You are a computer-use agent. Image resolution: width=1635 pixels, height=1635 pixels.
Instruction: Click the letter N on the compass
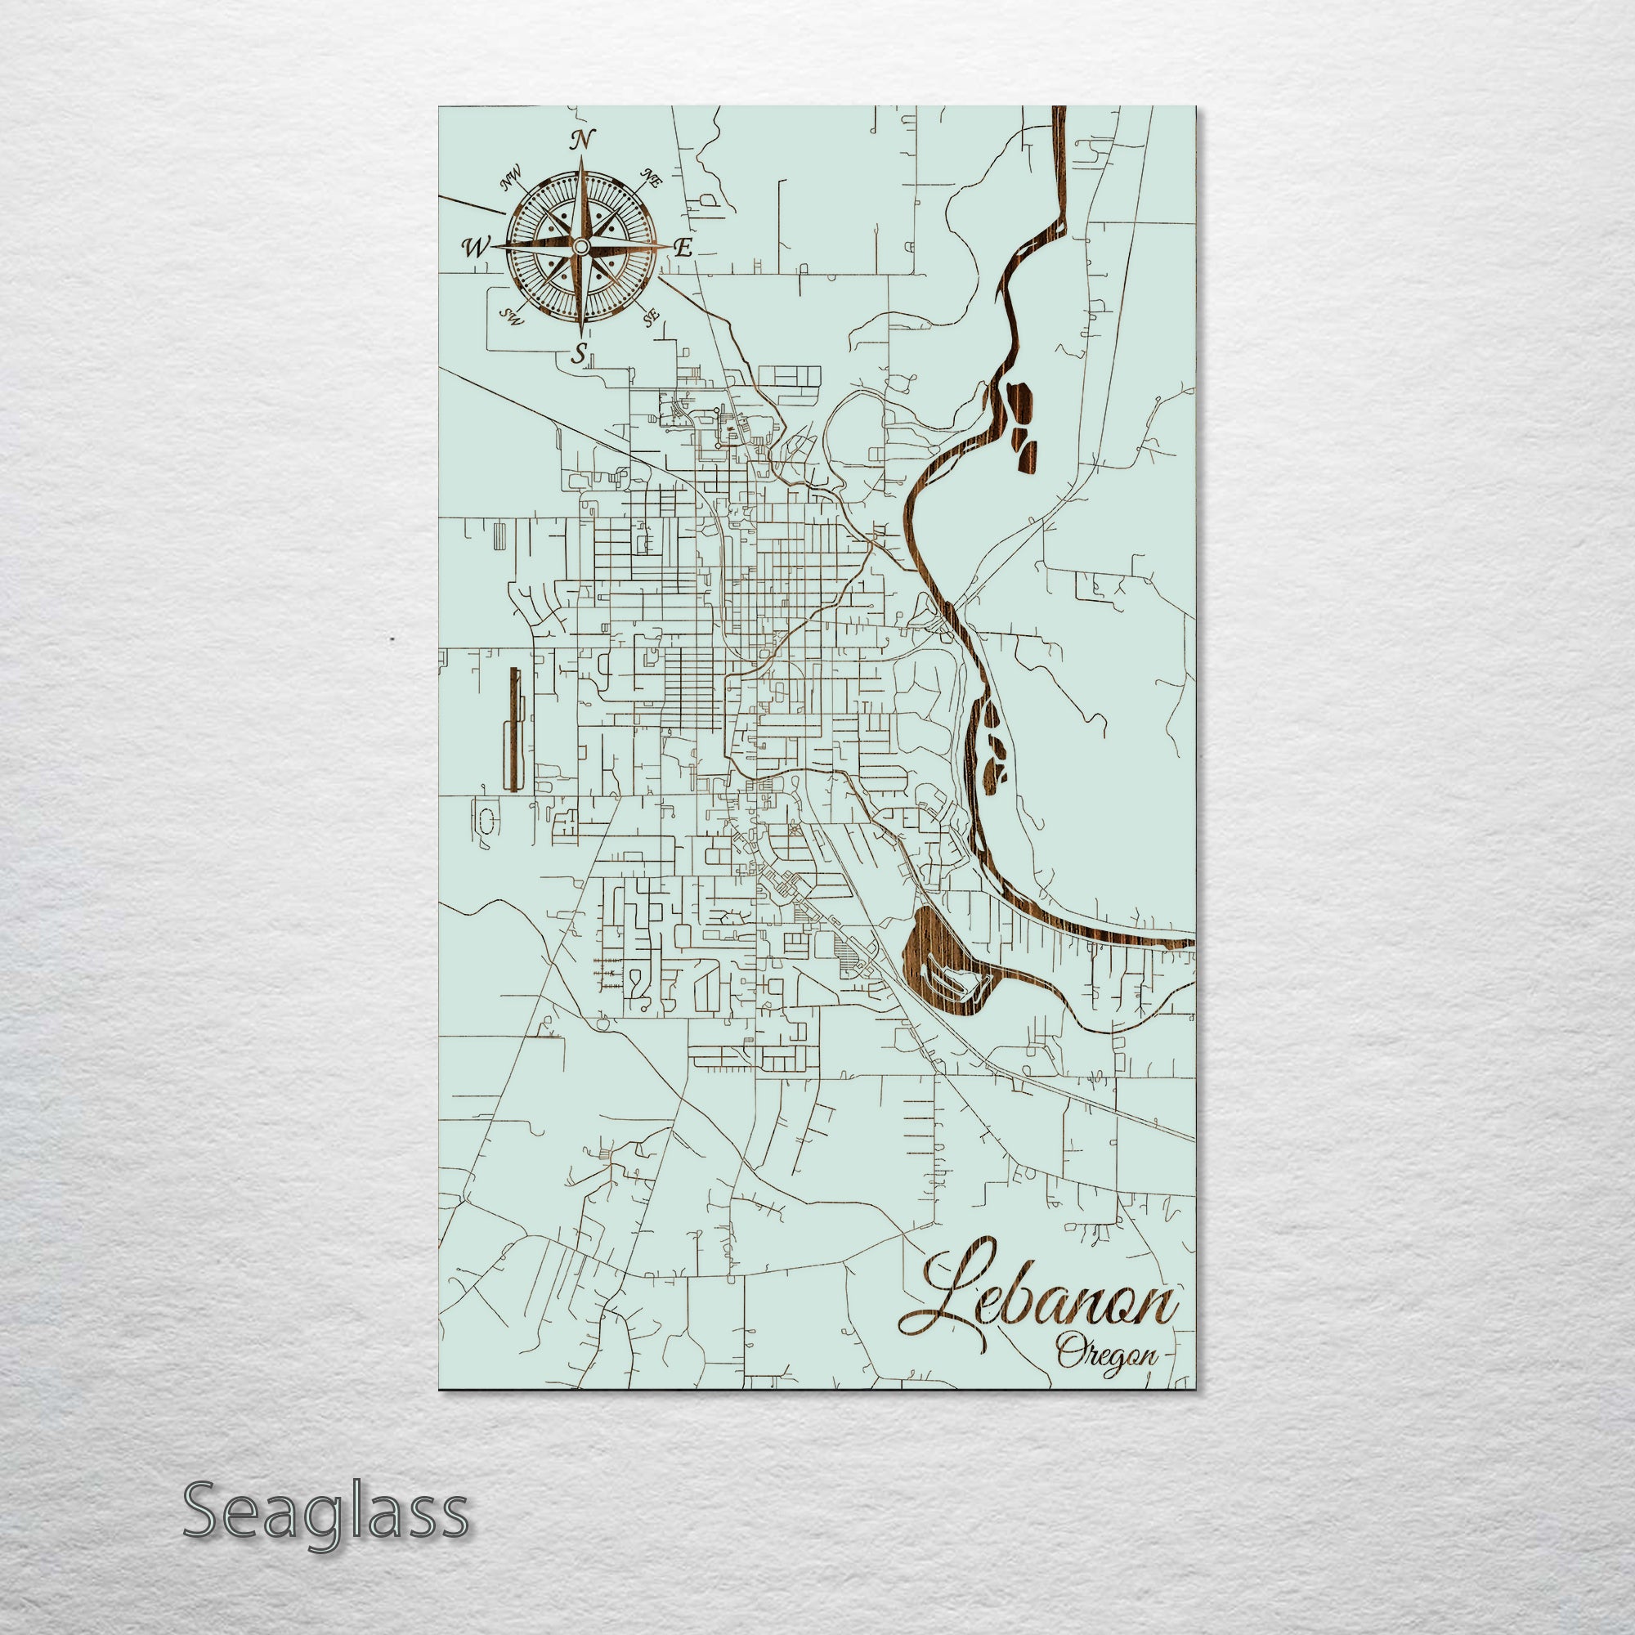pos(580,140)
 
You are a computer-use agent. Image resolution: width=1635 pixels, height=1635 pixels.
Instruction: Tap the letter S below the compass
pos(579,355)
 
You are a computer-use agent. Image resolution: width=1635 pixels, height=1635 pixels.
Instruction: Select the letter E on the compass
pos(683,248)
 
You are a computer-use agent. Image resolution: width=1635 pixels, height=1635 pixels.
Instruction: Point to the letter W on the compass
pos(476,247)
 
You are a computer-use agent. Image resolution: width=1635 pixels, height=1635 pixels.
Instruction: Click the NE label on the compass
pos(652,177)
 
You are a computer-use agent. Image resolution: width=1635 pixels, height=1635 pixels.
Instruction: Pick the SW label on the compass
pos(509,316)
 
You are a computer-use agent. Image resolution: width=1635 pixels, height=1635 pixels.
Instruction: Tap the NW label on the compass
pos(510,180)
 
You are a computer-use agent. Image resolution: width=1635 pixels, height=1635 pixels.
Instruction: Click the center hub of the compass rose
pos(580,246)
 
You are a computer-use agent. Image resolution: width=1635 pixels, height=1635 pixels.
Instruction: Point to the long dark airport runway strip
pos(513,728)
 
